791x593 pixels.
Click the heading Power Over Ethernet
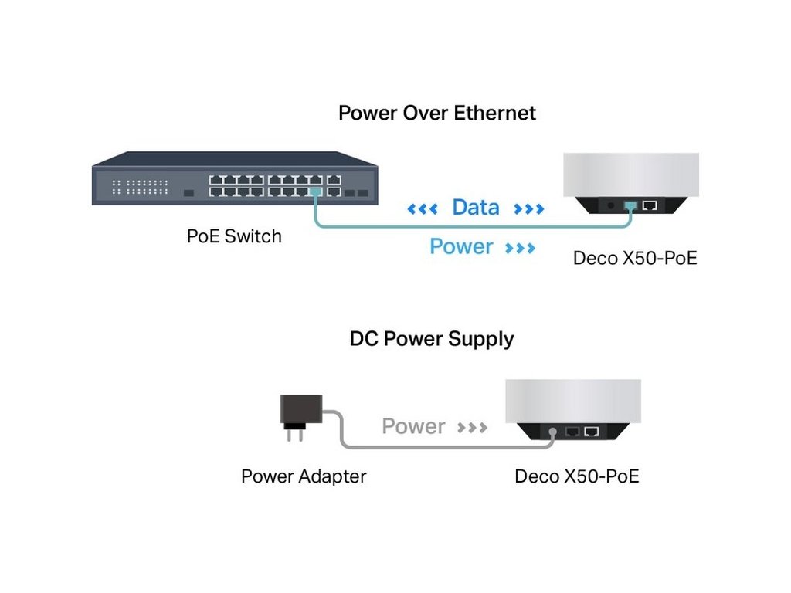[x=437, y=113]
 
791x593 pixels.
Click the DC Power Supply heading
[x=431, y=338]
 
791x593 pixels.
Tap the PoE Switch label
[x=234, y=236]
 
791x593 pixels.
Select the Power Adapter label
[x=304, y=476]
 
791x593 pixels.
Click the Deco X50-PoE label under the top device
[x=635, y=257]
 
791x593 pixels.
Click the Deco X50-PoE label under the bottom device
[x=577, y=476]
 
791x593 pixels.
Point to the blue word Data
[x=475, y=207]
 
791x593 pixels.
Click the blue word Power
[x=461, y=246]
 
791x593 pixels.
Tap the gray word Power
[x=413, y=426]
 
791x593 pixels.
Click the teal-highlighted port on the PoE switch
[x=314, y=191]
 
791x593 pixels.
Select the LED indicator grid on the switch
[x=140, y=186]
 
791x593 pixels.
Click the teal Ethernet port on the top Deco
[x=631, y=205]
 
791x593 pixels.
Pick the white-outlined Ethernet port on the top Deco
[x=650, y=205]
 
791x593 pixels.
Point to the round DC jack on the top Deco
[x=611, y=206]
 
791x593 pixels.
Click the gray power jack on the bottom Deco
[x=553, y=433]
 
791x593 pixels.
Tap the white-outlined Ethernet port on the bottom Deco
[x=592, y=432]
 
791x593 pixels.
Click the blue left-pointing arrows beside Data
[x=422, y=208]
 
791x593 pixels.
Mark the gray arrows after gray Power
[x=472, y=427]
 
